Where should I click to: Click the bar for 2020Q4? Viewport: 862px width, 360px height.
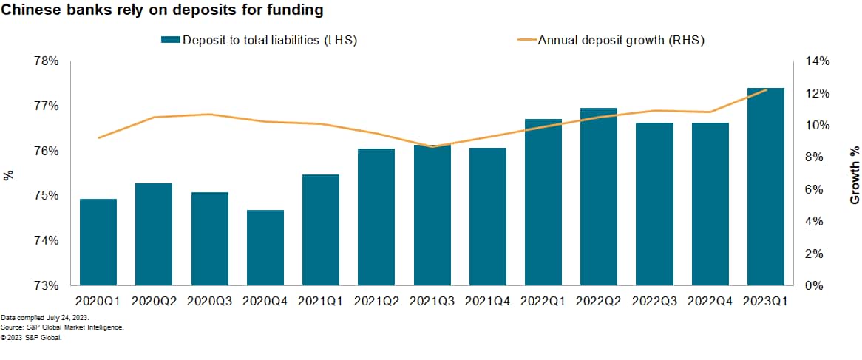click(x=265, y=248)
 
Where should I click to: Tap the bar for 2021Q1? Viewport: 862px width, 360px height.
click(x=321, y=230)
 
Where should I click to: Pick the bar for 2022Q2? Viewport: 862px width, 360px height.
click(x=599, y=197)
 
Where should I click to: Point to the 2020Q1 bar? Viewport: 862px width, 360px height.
click(x=98, y=242)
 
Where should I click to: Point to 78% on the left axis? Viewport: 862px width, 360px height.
click(x=47, y=61)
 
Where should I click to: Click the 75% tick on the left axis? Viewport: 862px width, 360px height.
click(x=47, y=196)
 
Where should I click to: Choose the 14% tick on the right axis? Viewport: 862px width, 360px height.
click(x=817, y=61)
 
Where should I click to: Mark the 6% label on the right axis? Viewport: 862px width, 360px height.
click(x=814, y=189)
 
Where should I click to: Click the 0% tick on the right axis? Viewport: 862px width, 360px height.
click(x=814, y=286)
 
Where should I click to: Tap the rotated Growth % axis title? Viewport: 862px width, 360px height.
click(x=855, y=175)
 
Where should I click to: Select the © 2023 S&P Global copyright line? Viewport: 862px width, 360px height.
click(x=31, y=337)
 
